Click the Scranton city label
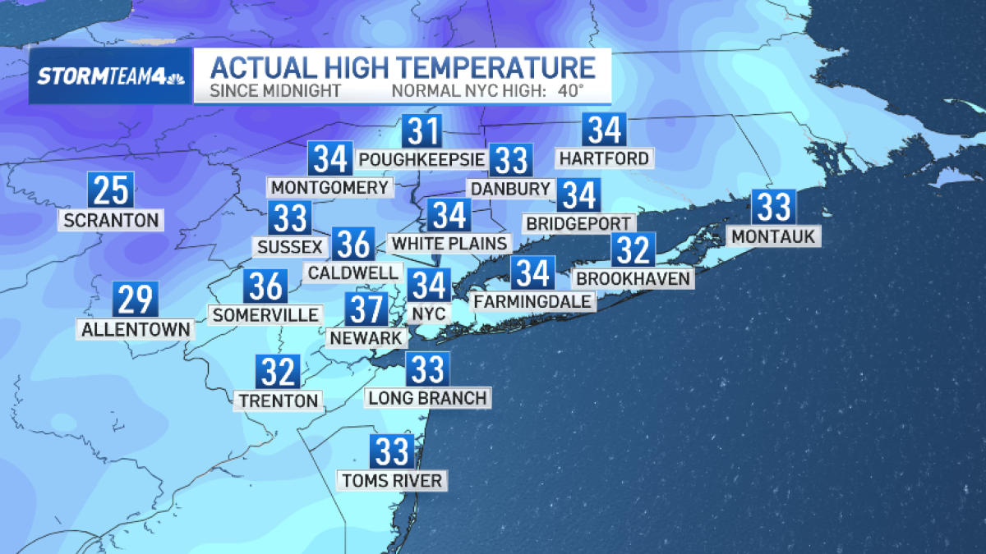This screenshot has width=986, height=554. point(111,220)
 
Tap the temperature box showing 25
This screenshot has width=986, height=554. point(111,190)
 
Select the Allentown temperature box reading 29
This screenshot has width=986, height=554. point(136,300)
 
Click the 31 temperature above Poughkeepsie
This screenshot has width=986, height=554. point(422,131)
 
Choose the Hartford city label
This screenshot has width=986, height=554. point(603,158)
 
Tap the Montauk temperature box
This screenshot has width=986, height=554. point(773,208)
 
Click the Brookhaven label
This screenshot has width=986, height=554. point(634,279)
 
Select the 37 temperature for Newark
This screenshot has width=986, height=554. point(366,309)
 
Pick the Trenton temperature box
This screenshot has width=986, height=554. point(279,373)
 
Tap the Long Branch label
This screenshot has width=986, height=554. point(427,398)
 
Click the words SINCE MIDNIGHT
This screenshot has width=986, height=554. point(274,90)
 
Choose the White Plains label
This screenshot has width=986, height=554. point(449,243)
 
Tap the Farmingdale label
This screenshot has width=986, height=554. point(532,301)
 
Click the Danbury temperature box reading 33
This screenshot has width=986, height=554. point(511,161)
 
